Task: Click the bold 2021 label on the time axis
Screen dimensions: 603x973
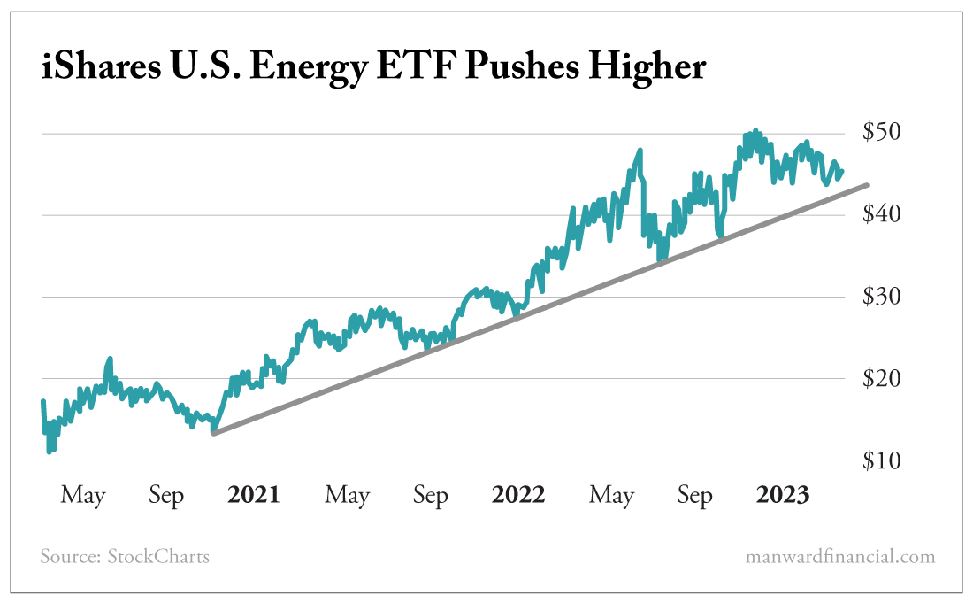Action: click(253, 495)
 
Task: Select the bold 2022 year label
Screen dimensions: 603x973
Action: click(518, 495)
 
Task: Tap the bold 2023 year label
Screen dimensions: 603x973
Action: click(783, 495)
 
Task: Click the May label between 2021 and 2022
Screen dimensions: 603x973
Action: click(347, 496)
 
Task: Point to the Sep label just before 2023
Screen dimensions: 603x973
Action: click(695, 496)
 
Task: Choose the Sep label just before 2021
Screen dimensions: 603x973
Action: click(166, 496)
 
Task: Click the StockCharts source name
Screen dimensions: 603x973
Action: click(158, 557)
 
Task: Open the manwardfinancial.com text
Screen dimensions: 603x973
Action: click(839, 557)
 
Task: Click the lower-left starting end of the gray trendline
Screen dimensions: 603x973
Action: click(213, 433)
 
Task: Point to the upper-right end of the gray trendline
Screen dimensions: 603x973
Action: click(868, 184)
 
